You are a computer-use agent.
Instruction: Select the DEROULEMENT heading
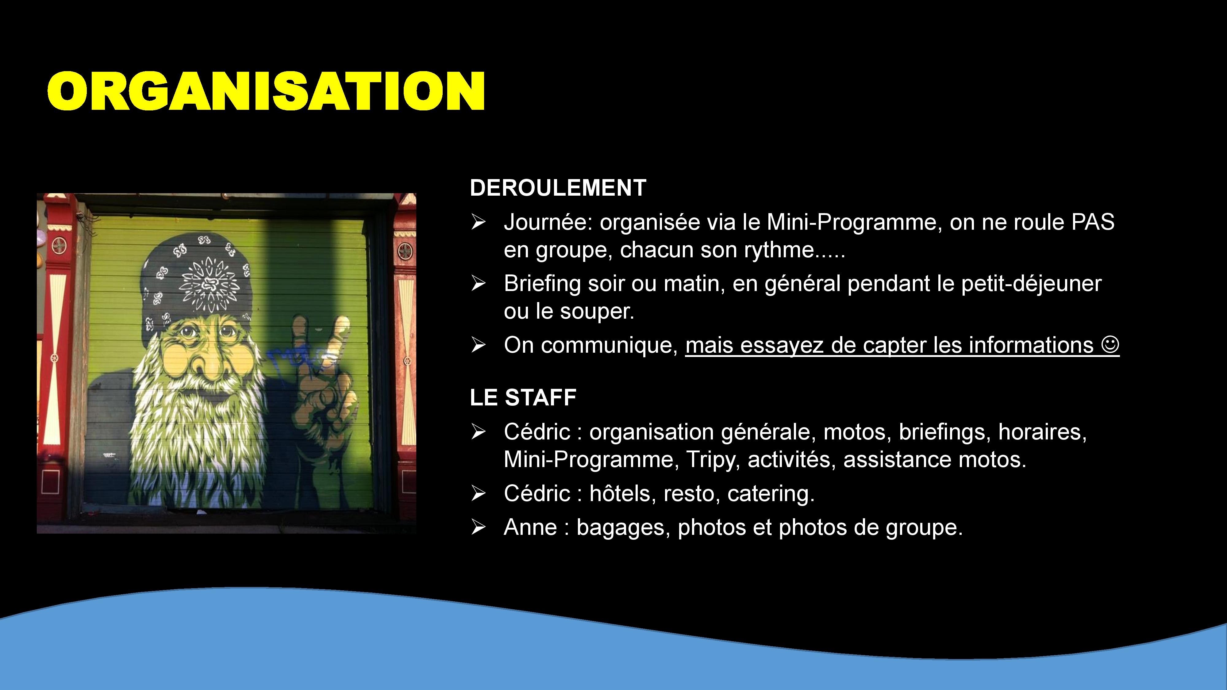(558, 188)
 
